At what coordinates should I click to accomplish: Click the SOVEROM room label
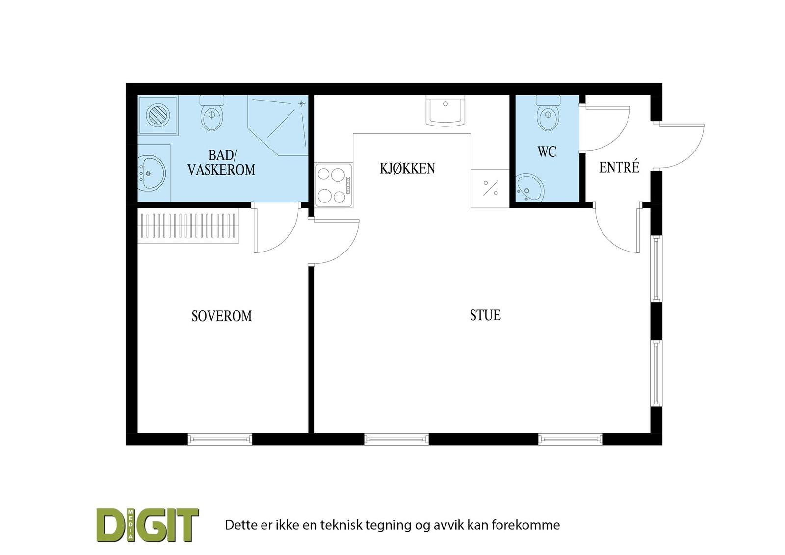(221, 316)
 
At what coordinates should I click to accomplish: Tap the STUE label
(485, 315)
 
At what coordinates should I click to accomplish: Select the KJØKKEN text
(407, 169)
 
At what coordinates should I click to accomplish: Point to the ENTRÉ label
(619, 168)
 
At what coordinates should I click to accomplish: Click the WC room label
(547, 152)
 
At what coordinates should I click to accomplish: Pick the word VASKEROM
(221, 170)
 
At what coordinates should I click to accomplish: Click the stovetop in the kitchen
(334, 185)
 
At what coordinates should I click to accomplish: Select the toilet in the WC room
(548, 114)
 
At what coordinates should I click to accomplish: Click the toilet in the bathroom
(212, 114)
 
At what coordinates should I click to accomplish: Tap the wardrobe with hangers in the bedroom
(188, 226)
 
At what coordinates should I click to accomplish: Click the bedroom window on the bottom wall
(220, 439)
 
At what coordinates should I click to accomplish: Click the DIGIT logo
(148, 525)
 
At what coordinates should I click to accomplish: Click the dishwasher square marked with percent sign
(490, 188)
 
